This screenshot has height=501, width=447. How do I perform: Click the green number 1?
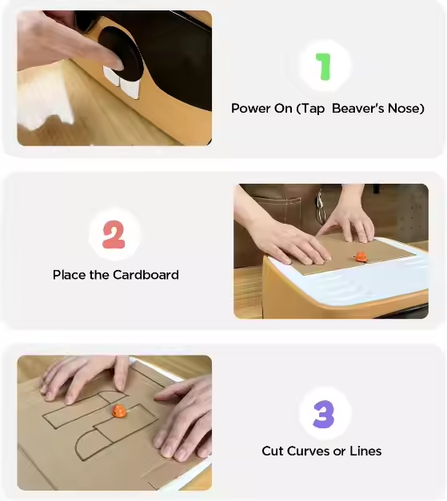(x=323, y=66)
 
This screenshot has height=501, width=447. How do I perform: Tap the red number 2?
(x=114, y=234)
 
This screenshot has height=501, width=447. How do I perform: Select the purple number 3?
(x=322, y=414)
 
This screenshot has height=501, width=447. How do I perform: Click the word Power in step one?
(x=249, y=108)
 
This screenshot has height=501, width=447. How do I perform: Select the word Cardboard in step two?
(x=146, y=275)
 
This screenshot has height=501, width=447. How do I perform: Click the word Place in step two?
(x=69, y=275)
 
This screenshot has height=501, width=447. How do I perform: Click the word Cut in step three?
(x=273, y=451)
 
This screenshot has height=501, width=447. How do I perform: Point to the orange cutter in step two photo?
(x=361, y=256)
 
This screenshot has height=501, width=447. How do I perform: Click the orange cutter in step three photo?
(x=118, y=412)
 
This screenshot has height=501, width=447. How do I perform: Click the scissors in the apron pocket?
(x=320, y=209)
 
